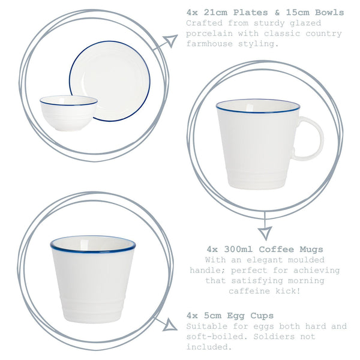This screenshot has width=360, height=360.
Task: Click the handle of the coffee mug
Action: (x=311, y=139)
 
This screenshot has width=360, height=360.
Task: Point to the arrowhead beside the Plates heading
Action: (x=170, y=41)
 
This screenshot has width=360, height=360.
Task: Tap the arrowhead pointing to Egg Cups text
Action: (x=170, y=325)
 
